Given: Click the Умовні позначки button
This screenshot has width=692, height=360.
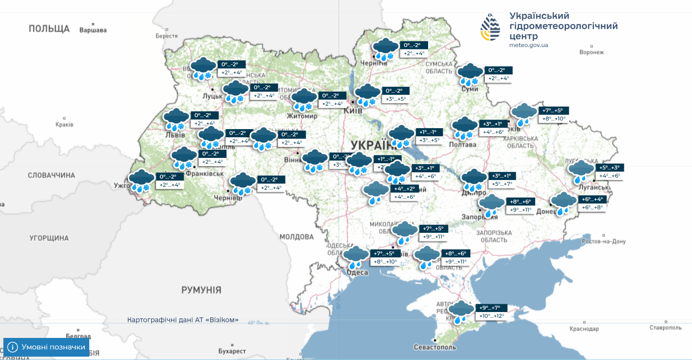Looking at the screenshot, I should [x=47, y=347].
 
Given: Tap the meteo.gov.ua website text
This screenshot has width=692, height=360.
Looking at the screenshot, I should [x=528, y=45].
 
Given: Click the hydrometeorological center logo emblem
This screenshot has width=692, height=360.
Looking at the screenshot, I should [x=490, y=27].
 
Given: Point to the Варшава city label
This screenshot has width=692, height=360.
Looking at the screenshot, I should [x=93, y=30].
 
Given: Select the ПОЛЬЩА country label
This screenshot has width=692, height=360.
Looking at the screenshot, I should [x=49, y=29].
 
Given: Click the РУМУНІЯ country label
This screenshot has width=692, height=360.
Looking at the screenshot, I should [x=201, y=290].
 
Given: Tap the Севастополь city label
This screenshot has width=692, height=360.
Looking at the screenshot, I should [x=435, y=347].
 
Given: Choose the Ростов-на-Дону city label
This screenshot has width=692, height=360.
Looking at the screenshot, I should [x=603, y=241].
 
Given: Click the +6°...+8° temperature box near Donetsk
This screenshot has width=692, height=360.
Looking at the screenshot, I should [x=593, y=207].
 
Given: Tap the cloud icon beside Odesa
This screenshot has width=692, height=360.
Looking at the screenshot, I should [x=356, y=258].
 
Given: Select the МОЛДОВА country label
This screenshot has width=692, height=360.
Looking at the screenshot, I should [x=297, y=237].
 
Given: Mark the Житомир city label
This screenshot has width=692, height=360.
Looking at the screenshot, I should [x=302, y=116].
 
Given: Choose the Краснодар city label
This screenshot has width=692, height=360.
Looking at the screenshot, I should [x=584, y=329].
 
